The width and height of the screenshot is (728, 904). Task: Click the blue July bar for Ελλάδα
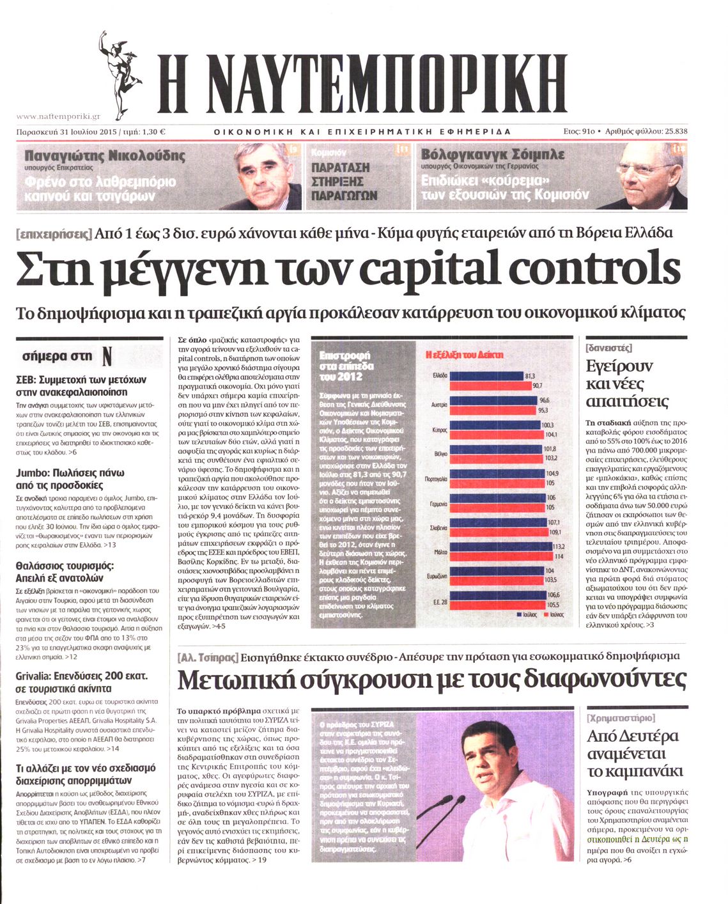coord(486,375)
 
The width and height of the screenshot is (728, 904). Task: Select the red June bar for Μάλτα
coord(502,556)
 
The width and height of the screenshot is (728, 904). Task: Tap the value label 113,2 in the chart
coord(559,547)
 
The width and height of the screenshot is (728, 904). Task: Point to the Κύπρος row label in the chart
coord(440,430)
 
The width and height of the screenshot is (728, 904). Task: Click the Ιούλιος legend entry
coord(527,614)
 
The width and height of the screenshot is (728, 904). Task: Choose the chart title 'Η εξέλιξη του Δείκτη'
coord(464,354)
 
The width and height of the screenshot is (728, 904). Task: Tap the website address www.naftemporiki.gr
coord(58,116)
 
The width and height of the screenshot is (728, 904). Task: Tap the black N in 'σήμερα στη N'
coord(107,356)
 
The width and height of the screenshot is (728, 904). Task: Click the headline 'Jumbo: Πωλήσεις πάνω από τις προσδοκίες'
coord(70,479)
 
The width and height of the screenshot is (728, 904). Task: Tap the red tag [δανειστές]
coord(608,347)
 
